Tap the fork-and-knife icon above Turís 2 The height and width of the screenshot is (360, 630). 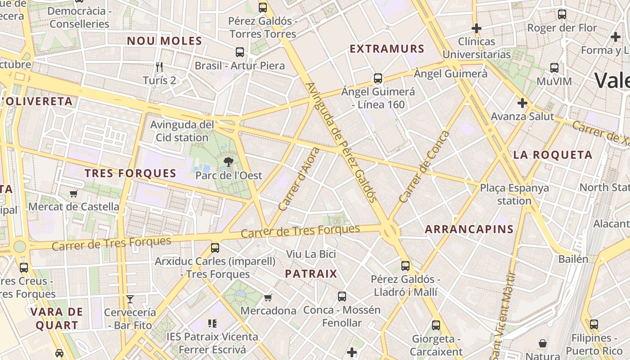click(159, 67)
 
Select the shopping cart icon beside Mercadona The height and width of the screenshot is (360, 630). click(268, 297)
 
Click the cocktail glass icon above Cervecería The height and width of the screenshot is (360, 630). click(130, 299)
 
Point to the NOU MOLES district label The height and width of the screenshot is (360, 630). click(164, 41)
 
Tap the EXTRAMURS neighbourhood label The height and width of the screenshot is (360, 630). click(387, 49)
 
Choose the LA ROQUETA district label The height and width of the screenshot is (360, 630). click(553, 155)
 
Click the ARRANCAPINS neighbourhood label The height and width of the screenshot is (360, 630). click(469, 229)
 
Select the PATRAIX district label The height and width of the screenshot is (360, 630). click(311, 274)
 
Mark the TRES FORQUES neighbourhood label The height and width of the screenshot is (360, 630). click(130, 173)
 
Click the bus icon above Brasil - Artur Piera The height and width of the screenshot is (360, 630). click(240, 52)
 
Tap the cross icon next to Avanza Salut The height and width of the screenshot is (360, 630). click(522, 103)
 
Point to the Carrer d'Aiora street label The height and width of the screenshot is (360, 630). click(299, 179)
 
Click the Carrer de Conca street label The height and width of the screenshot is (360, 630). click(424, 167)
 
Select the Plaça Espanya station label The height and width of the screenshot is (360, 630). click(514, 194)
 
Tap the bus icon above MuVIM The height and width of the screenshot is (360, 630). click(554, 68)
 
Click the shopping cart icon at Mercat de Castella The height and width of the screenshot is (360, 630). click(74, 193)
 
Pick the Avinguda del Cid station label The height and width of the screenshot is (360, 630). click(182, 131)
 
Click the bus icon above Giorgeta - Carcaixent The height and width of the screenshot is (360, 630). click(436, 325)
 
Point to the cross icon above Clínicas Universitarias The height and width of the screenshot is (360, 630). click(476, 28)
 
